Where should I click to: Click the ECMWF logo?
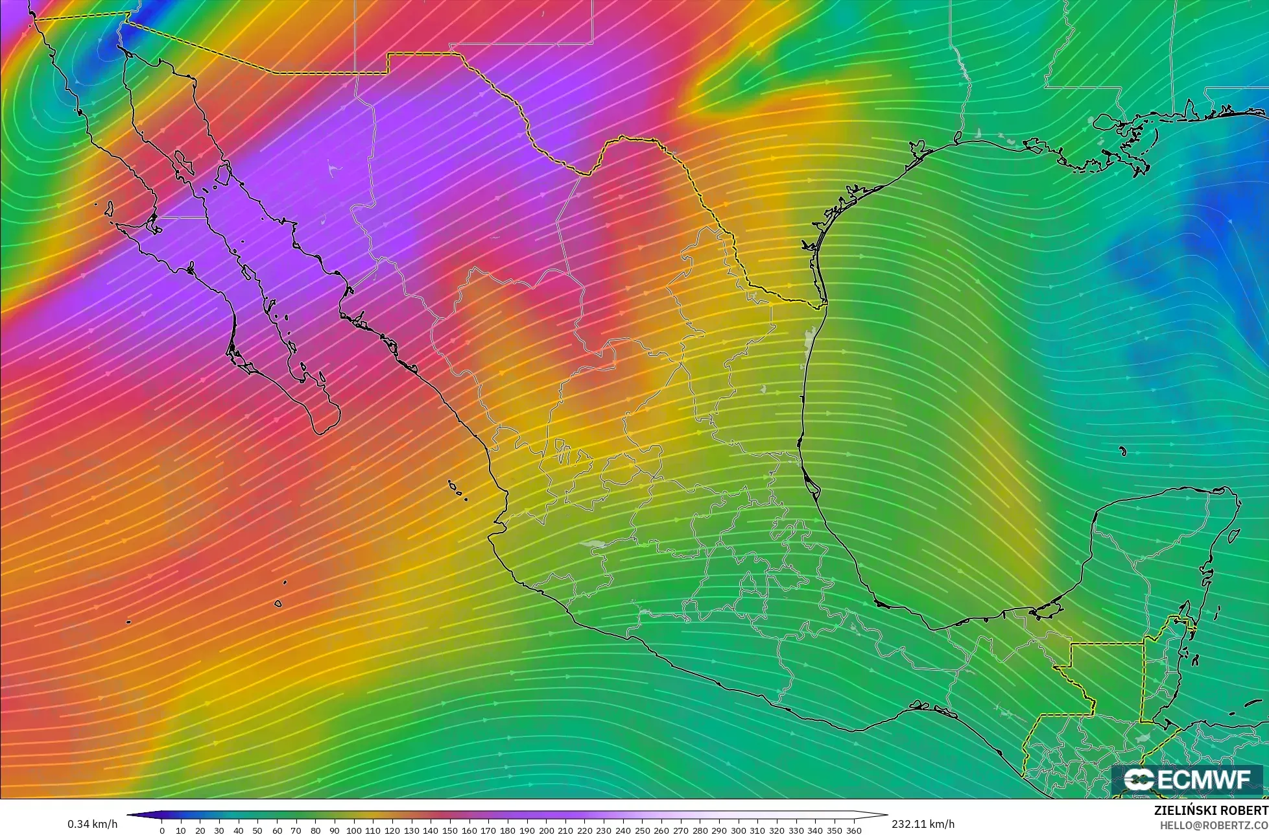pos(1187,780)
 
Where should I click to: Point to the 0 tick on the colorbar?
pos(161,830)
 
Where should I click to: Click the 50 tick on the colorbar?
pos(257,830)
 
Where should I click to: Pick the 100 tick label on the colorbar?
pos(353,830)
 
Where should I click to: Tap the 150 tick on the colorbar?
pos(449,830)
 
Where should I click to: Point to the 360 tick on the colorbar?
pos(853,830)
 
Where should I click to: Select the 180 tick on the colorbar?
pos(507,830)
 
